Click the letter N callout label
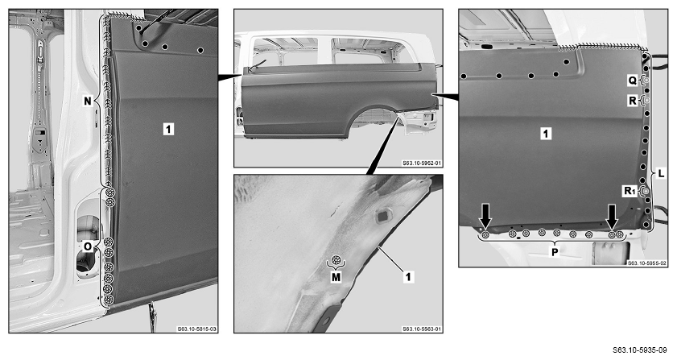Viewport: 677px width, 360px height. (88, 101)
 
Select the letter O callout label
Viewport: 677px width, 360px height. (88, 246)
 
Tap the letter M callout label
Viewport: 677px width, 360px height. (336, 278)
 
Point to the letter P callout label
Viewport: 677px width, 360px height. (555, 252)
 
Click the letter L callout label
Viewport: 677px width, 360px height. (662, 174)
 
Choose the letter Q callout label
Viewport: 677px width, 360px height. (632, 81)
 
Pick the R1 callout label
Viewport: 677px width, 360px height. (630, 191)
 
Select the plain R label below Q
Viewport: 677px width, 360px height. (633, 101)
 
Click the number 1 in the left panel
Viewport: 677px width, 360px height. (168, 128)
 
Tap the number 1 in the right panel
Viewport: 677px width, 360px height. (546, 134)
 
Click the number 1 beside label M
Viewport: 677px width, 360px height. (408, 276)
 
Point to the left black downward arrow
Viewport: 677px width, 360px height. (485, 216)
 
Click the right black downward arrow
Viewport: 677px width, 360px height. (612, 216)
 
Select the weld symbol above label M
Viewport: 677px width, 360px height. (336, 260)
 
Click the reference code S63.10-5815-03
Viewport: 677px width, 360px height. (197, 329)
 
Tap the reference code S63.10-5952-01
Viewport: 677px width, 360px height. (422, 163)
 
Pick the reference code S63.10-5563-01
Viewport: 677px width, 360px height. (422, 329)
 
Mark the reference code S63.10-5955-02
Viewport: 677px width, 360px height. (646, 263)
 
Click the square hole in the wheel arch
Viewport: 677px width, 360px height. (382, 216)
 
